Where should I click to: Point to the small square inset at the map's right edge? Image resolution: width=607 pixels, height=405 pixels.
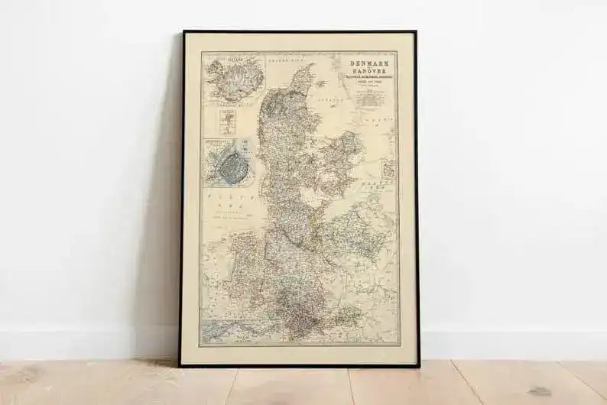coord(388,169)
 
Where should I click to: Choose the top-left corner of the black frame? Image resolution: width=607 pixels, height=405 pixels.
coord(183,33)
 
